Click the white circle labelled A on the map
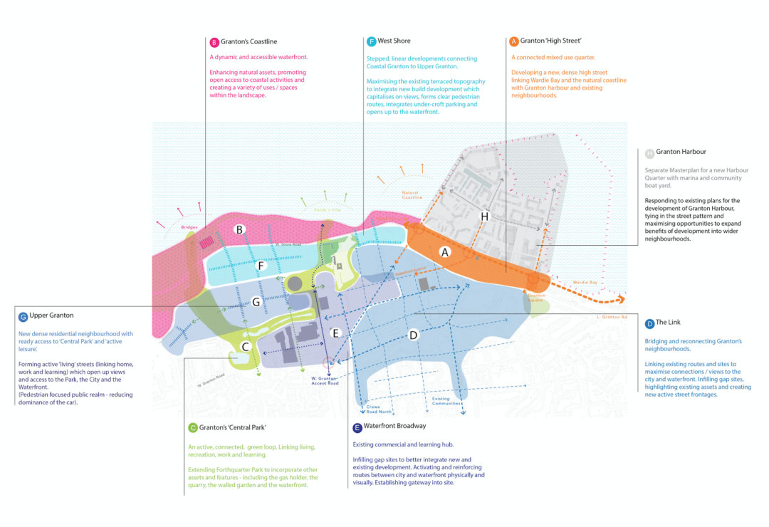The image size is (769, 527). point(445,251)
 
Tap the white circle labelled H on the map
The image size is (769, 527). point(485,216)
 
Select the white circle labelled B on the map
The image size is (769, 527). point(240,229)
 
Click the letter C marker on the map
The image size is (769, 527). point(245,347)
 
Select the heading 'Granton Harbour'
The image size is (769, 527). point(681,152)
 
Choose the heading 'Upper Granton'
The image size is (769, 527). point(51,315)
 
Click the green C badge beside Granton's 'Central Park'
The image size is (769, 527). point(192,428)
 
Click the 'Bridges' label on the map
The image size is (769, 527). point(189,227)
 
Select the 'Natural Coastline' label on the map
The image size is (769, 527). point(412,194)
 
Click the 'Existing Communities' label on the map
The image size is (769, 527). point(446,401)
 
